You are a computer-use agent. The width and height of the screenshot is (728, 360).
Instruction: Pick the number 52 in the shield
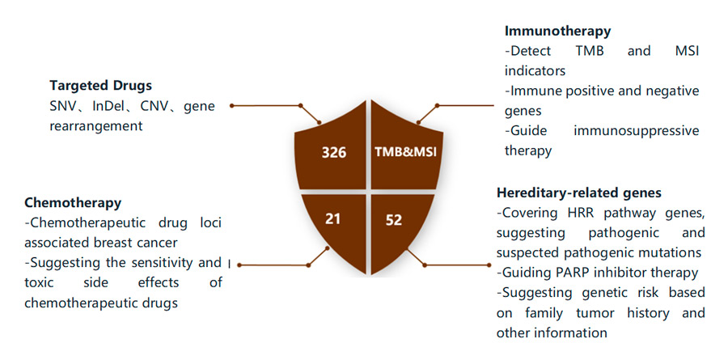click(x=394, y=219)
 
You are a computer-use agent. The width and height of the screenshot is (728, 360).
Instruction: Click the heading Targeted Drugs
click(x=100, y=85)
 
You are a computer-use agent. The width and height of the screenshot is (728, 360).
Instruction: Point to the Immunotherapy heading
click(x=557, y=31)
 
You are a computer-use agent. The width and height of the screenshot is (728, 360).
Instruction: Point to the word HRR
click(x=573, y=213)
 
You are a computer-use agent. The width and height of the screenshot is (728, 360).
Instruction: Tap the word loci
click(x=209, y=222)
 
